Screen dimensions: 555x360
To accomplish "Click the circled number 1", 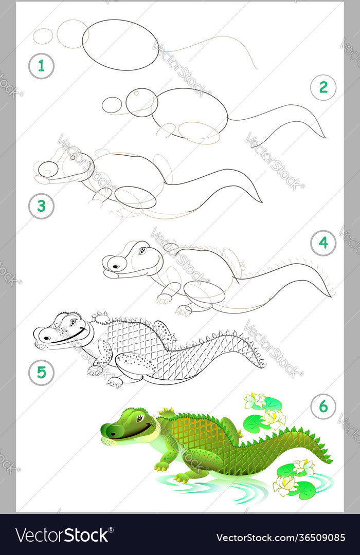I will (41, 66).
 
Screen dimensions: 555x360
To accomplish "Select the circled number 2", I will (323, 87).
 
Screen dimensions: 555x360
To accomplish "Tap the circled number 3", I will (41, 206).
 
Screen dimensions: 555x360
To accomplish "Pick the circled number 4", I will (323, 243).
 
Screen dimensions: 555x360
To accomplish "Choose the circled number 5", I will (41, 373).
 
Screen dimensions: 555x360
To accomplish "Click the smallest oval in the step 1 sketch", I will (43, 36).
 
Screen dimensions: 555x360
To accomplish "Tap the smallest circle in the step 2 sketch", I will (112, 105).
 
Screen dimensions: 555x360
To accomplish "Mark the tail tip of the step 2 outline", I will (325, 137).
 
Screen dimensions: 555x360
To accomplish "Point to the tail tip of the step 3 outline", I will (261, 201).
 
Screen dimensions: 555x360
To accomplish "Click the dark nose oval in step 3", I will (49, 169).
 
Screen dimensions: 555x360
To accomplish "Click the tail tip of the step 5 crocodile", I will (264, 366).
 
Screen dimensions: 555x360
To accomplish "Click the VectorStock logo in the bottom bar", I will (62, 535).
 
